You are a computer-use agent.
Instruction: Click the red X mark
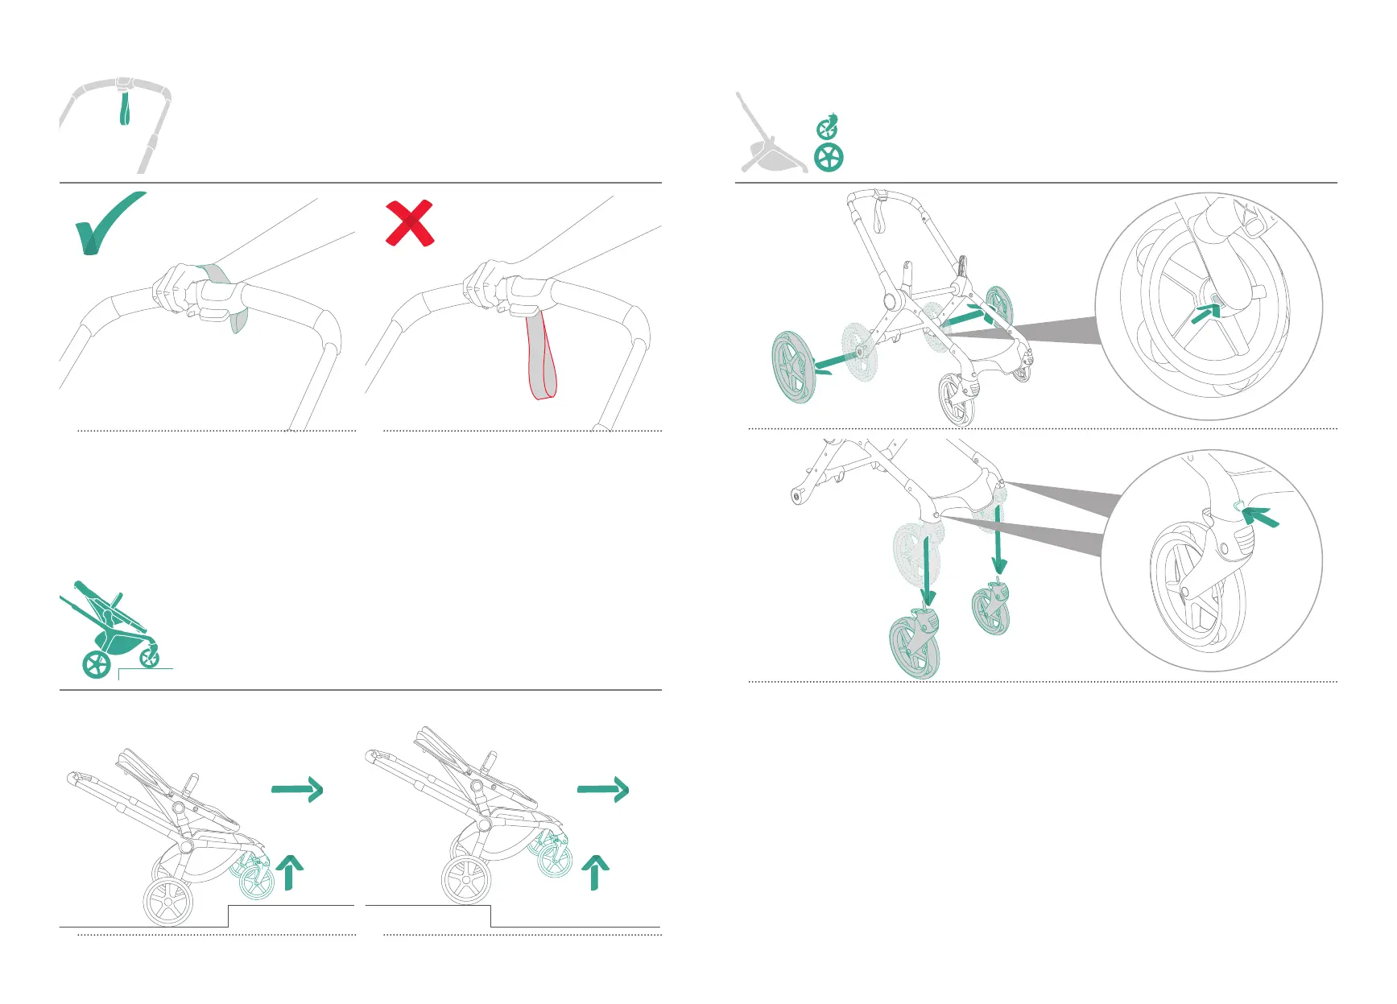(x=410, y=223)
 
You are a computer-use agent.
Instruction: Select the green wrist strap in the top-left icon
(x=125, y=109)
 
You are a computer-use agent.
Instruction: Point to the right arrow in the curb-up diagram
(x=298, y=790)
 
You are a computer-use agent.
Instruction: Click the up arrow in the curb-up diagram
(x=289, y=873)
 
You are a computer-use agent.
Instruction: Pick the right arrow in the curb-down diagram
(x=603, y=790)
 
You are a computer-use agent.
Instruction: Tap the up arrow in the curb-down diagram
(x=595, y=873)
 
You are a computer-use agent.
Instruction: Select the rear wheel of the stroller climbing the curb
(x=168, y=902)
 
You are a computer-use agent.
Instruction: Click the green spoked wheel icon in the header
(x=829, y=157)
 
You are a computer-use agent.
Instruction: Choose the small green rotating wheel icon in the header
(x=828, y=127)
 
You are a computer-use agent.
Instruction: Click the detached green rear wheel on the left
(x=794, y=367)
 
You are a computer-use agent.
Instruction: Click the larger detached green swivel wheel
(x=915, y=644)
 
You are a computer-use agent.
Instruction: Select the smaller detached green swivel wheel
(x=991, y=610)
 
